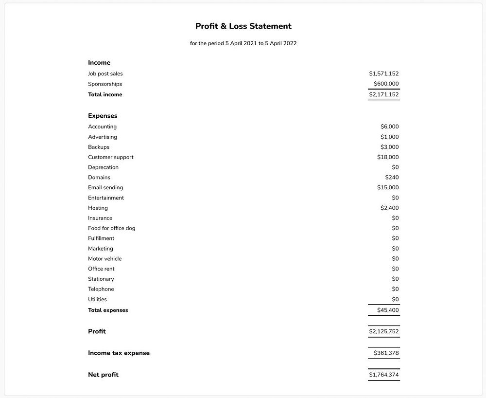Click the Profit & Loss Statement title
pos(243,26)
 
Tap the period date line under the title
pos(243,43)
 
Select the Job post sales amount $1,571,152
pos(383,74)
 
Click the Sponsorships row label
pos(105,84)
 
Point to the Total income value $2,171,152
pos(383,95)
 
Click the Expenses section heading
pos(103,116)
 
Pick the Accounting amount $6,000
pos(389,127)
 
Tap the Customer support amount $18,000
pos(388,157)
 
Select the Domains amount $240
pos(392,178)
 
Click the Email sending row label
pos(105,188)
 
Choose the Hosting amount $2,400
pos(389,208)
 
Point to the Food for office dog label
pos(112,228)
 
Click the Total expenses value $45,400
pos(388,310)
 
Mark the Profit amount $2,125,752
pos(383,332)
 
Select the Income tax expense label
pos(119,353)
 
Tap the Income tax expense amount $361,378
pos(386,353)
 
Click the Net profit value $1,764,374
pos(383,375)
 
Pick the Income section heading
pos(99,63)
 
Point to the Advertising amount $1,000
pos(389,137)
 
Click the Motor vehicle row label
pos(105,259)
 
